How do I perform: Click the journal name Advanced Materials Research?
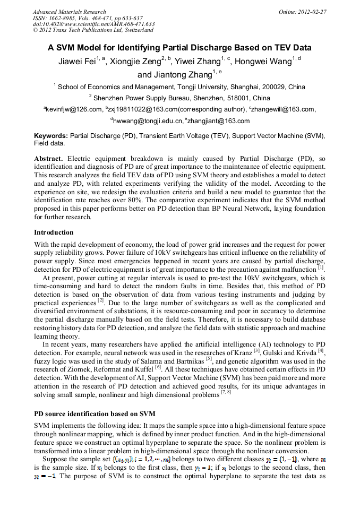point(69,12)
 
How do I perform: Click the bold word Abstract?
point(48,159)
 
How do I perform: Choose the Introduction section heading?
point(54,232)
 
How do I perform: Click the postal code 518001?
point(237,98)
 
